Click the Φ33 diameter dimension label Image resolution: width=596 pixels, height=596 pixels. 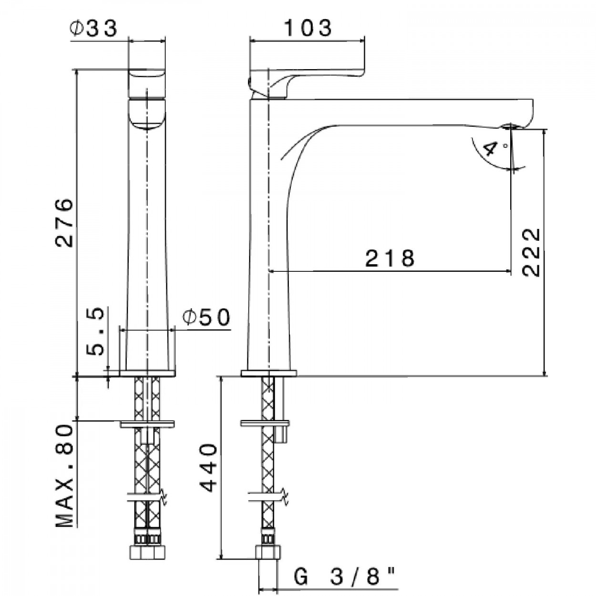coord(94,29)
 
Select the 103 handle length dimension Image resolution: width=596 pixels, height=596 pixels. coord(308,28)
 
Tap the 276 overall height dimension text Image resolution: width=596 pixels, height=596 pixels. coord(64,223)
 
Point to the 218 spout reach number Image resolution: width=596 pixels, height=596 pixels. coord(390,258)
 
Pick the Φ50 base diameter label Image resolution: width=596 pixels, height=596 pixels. coord(206,318)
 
